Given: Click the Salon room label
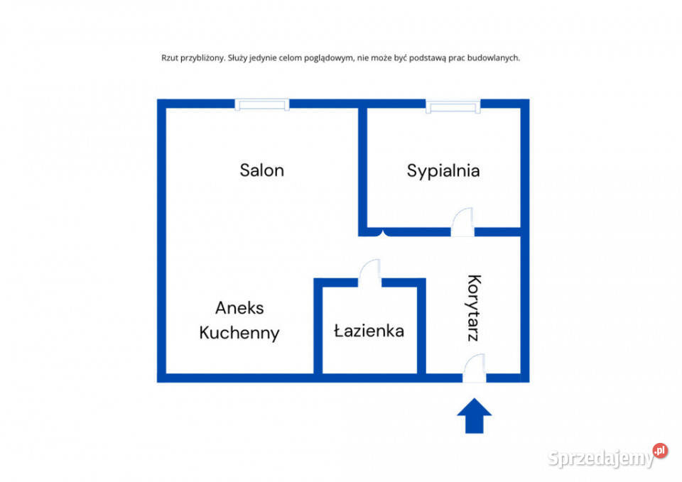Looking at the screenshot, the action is [262, 170].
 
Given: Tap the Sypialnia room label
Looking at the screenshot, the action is [443, 171].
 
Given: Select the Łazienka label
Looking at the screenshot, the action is [369, 332].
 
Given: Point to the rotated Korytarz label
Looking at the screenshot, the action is [474, 307].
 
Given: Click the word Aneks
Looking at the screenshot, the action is [239, 308].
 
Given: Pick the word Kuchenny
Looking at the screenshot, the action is [239, 334].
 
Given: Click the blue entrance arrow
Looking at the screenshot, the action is [474, 415].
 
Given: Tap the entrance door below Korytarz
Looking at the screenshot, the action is [474, 368].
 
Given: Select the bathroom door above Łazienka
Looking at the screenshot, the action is [369, 273].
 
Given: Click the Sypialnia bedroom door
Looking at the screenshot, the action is [462, 222].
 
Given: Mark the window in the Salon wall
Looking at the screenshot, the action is [262, 105].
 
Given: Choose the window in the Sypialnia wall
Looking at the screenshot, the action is [453, 106].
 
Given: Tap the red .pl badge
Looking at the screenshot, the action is [660, 451].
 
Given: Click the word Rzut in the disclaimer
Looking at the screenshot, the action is [169, 57].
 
